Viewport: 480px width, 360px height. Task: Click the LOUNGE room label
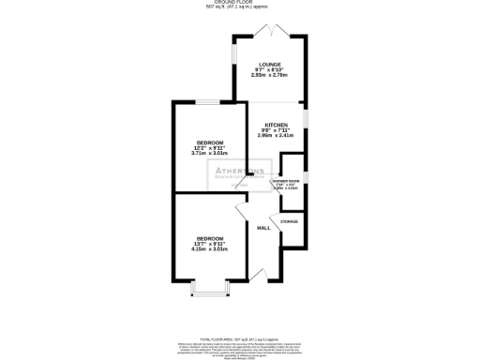(x=270, y=65)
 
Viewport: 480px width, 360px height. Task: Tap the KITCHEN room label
(x=275, y=125)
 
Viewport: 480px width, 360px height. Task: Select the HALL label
(x=264, y=228)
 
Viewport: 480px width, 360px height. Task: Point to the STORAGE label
(x=290, y=221)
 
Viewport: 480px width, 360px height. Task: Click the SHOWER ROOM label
(x=285, y=181)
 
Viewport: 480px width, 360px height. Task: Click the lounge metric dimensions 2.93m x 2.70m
(x=270, y=77)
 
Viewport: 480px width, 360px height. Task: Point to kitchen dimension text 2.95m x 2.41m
(x=276, y=136)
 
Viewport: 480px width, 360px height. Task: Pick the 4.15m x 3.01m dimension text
(x=210, y=249)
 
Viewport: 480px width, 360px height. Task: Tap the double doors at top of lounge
(x=270, y=32)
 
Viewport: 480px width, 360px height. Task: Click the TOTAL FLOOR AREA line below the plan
(x=240, y=337)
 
